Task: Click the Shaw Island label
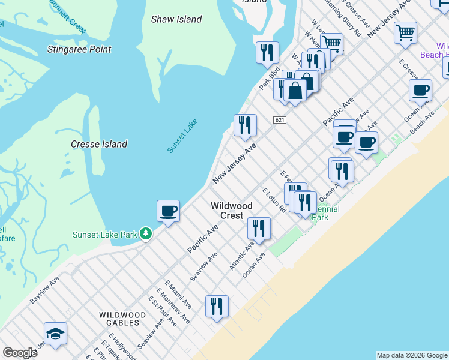pyautogui.click(x=176, y=19)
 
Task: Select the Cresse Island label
pyautogui.click(x=99, y=144)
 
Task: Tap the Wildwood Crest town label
pyautogui.click(x=227, y=211)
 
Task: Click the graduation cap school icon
pyautogui.click(x=55, y=334)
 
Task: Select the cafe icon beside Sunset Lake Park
pyautogui.click(x=168, y=211)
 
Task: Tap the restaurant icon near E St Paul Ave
pyautogui.click(x=217, y=306)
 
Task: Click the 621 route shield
pyautogui.click(x=279, y=120)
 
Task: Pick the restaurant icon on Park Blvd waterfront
pyautogui.click(x=267, y=53)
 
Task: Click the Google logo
pyautogui.click(x=20, y=353)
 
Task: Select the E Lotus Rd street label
pyautogui.click(x=274, y=200)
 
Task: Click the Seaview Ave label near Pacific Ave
pyautogui.click(x=203, y=267)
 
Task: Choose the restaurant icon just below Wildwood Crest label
pyautogui.click(x=259, y=228)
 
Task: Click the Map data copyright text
pyautogui.click(x=412, y=355)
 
